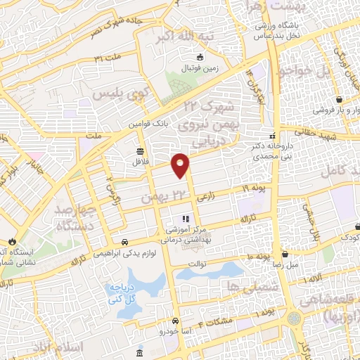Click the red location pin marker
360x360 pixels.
coord(181,165)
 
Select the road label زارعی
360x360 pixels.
coord(205,199)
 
